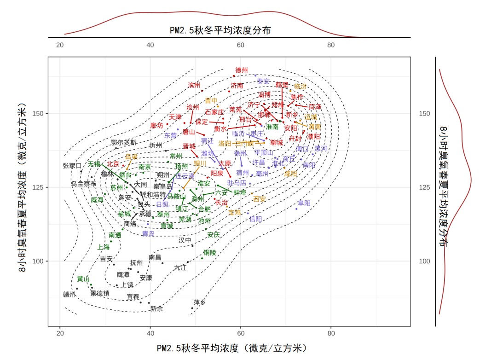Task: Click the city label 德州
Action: click(242, 70)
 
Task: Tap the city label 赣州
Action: click(69, 294)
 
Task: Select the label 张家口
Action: click(72, 165)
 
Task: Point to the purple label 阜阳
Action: click(304, 203)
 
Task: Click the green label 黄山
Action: click(83, 279)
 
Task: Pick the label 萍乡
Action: click(200, 302)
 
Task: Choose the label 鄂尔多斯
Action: click(124, 142)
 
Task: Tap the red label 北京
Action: click(113, 164)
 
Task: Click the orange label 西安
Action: click(260, 199)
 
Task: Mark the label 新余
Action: click(156, 308)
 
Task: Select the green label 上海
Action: click(104, 247)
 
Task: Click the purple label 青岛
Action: click(148, 234)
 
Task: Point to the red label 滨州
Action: click(194, 85)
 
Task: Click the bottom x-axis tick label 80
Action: click(331, 334)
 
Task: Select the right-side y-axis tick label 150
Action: click(422, 113)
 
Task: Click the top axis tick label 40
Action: click(150, 45)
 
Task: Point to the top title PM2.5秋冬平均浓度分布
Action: click(220, 30)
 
